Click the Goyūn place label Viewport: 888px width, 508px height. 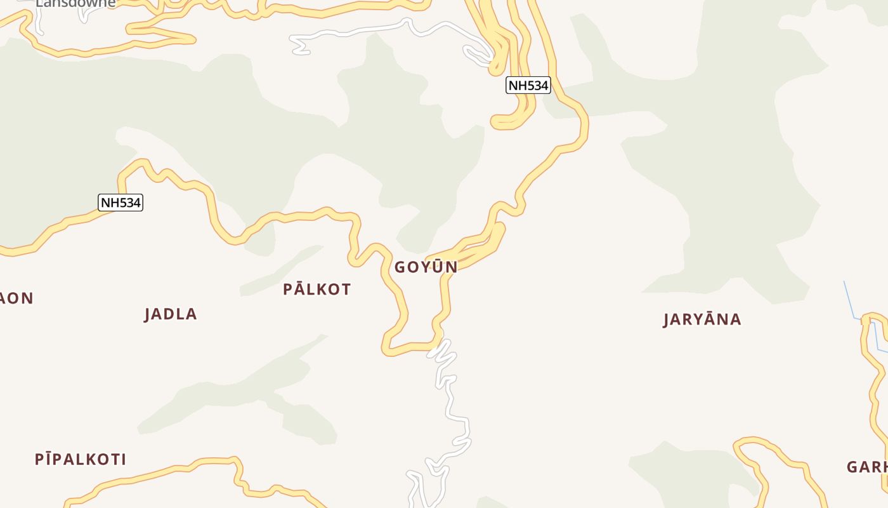[x=426, y=267]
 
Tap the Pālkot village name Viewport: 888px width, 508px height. [x=317, y=290]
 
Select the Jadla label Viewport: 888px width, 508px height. [x=171, y=314]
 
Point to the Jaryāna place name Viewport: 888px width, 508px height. [x=702, y=319]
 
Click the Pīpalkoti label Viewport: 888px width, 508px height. [x=81, y=459]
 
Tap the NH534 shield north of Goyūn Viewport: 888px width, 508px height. [x=528, y=85]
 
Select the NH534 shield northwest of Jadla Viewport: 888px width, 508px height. [x=121, y=203]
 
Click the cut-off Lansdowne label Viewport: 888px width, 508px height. [x=75, y=4]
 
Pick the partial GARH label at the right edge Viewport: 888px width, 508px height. [x=867, y=467]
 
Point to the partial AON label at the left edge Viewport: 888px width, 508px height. [x=16, y=298]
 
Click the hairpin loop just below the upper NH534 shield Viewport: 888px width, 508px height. [x=507, y=121]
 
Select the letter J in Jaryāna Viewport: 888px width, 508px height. [x=667, y=319]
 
